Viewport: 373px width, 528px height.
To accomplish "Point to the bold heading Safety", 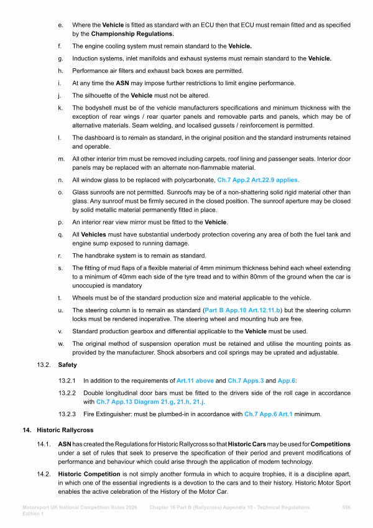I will pyautogui.click(x=68, y=365).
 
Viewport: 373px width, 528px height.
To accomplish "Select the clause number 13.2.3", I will pyautogui.click(x=67, y=414).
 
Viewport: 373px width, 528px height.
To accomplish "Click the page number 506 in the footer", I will pyautogui.click(x=346, y=507).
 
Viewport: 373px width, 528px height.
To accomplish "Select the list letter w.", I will pyautogui.click(x=60, y=343).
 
